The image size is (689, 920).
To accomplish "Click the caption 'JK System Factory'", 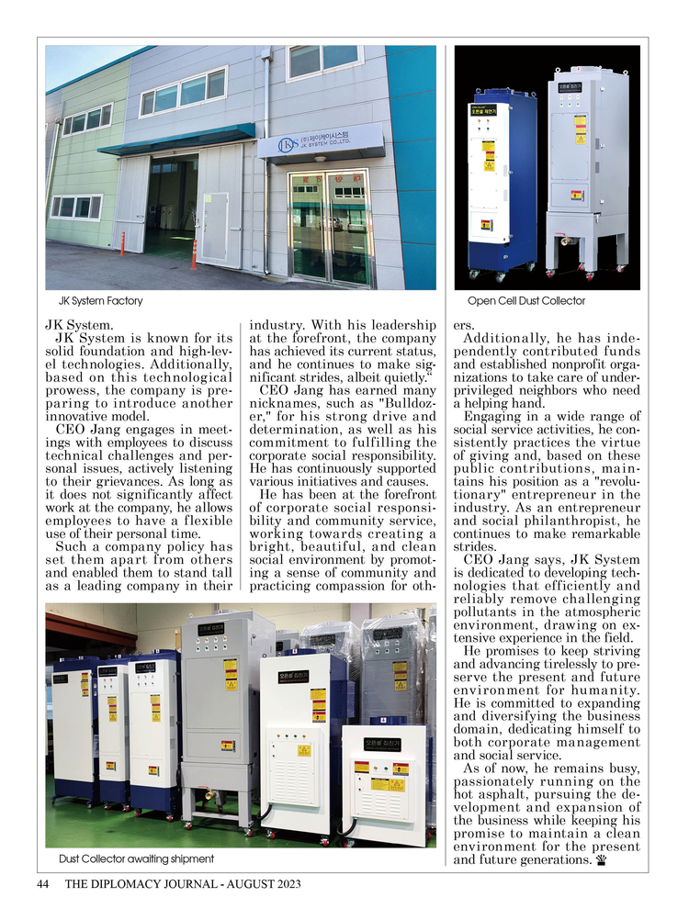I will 101,301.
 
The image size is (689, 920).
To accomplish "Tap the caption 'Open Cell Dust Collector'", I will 525,301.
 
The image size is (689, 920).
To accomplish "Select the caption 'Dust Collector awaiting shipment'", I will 136,858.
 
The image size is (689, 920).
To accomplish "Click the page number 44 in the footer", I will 42,884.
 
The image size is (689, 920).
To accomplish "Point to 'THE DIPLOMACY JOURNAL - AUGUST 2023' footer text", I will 183,884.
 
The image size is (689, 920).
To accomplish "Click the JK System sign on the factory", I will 322,144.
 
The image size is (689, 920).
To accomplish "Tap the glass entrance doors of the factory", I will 330,226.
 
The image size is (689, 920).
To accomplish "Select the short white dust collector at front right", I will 384,780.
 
